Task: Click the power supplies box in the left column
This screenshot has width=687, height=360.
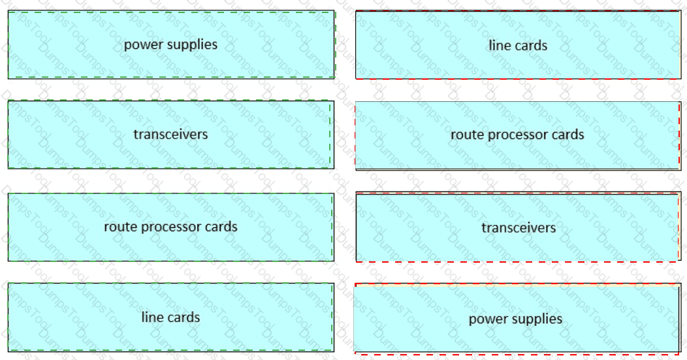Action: (170, 45)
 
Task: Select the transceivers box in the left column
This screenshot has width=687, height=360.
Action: (170, 135)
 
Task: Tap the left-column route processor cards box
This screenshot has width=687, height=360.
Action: (170, 227)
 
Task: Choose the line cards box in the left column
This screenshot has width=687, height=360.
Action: (170, 318)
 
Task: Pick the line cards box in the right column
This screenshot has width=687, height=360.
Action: (518, 45)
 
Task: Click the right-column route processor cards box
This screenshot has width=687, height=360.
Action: (517, 135)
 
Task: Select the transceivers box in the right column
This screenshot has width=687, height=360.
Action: (519, 227)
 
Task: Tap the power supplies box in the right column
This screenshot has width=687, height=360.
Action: (516, 319)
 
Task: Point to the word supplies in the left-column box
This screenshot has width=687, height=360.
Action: (191, 45)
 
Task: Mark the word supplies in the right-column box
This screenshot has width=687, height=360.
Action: (536, 319)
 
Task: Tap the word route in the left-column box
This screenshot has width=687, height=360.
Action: (118, 227)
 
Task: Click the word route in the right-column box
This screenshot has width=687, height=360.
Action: (465, 135)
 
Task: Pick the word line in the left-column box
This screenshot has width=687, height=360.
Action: (152, 318)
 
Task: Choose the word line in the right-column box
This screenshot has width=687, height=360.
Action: (499, 46)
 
